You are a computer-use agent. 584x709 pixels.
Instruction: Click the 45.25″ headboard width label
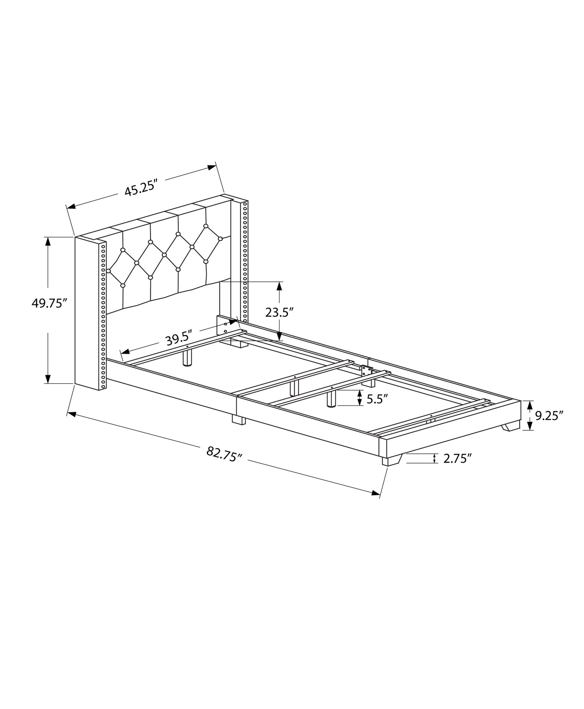[140, 190]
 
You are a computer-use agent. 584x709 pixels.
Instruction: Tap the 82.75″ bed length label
[224, 453]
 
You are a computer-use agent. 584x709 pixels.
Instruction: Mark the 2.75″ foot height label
[457, 458]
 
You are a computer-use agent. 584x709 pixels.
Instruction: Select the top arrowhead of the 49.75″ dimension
[48, 241]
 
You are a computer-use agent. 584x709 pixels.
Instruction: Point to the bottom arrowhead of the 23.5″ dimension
[279, 336]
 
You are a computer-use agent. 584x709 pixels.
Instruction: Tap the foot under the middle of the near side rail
[239, 420]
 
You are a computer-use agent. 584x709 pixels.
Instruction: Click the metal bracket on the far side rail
[366, 370]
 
